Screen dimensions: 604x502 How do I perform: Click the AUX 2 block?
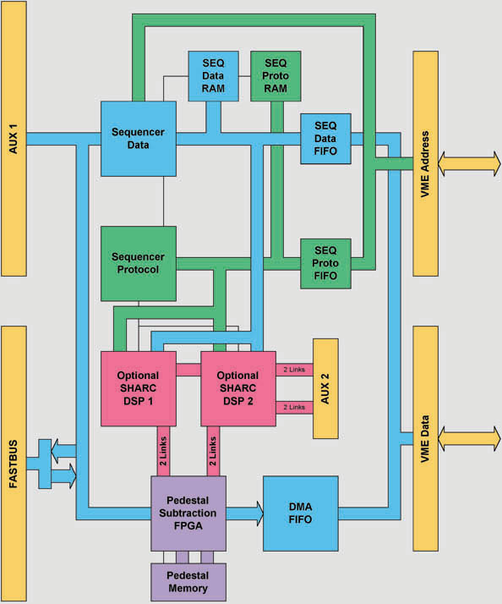[x=325, y=388]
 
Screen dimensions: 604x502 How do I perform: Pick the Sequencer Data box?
[x=139, y=138]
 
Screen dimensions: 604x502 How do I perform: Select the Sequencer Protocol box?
[x=139, y=263]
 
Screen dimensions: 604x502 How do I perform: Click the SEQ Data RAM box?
[x=212, y=76]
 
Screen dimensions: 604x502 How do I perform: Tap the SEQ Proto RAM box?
[x=276, y=76]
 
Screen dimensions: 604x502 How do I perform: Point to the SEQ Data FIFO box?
[x=325, y=138]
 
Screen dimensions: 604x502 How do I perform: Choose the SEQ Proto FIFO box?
[x=325, y=263]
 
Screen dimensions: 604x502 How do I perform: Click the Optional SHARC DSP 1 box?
[x=139, y=388]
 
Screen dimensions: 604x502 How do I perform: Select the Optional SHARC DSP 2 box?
[x=237, y=388]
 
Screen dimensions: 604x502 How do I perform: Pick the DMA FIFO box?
[x=301, y=513]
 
